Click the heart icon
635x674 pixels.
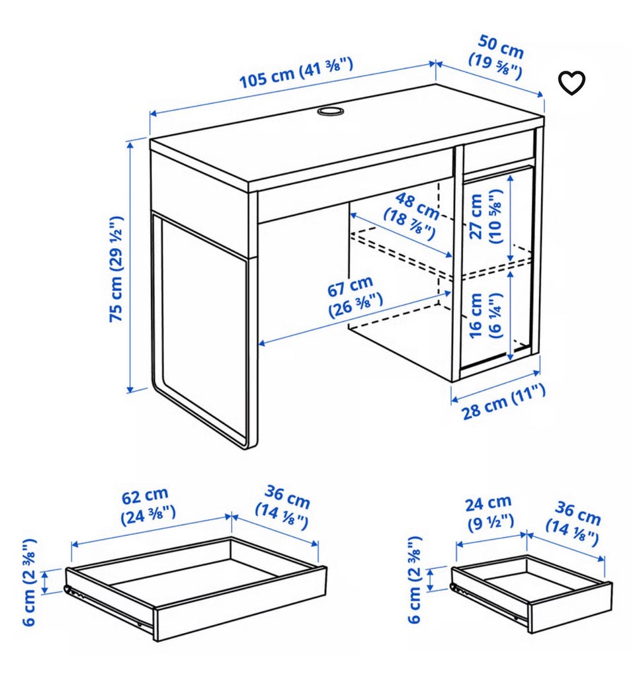[571, 82]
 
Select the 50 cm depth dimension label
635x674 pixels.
[497, 57]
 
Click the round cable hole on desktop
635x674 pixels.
[330, 111]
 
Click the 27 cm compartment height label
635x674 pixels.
[485, 217]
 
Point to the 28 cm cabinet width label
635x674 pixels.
[503, 402]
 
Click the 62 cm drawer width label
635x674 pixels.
[148, 506]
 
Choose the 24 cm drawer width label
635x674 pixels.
[489, 513]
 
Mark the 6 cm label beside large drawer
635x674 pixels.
[30, 583]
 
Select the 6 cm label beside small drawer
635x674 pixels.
[415, 580]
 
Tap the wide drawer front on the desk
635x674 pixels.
[355, 187]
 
